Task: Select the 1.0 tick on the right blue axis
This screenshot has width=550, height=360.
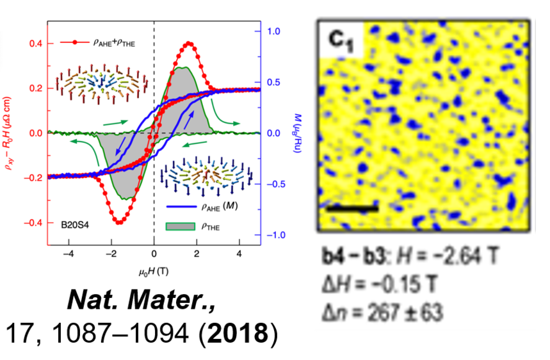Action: (275, 31)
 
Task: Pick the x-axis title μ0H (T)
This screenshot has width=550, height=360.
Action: (154, 270)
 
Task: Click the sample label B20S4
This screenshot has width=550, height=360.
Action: (76, 224)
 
